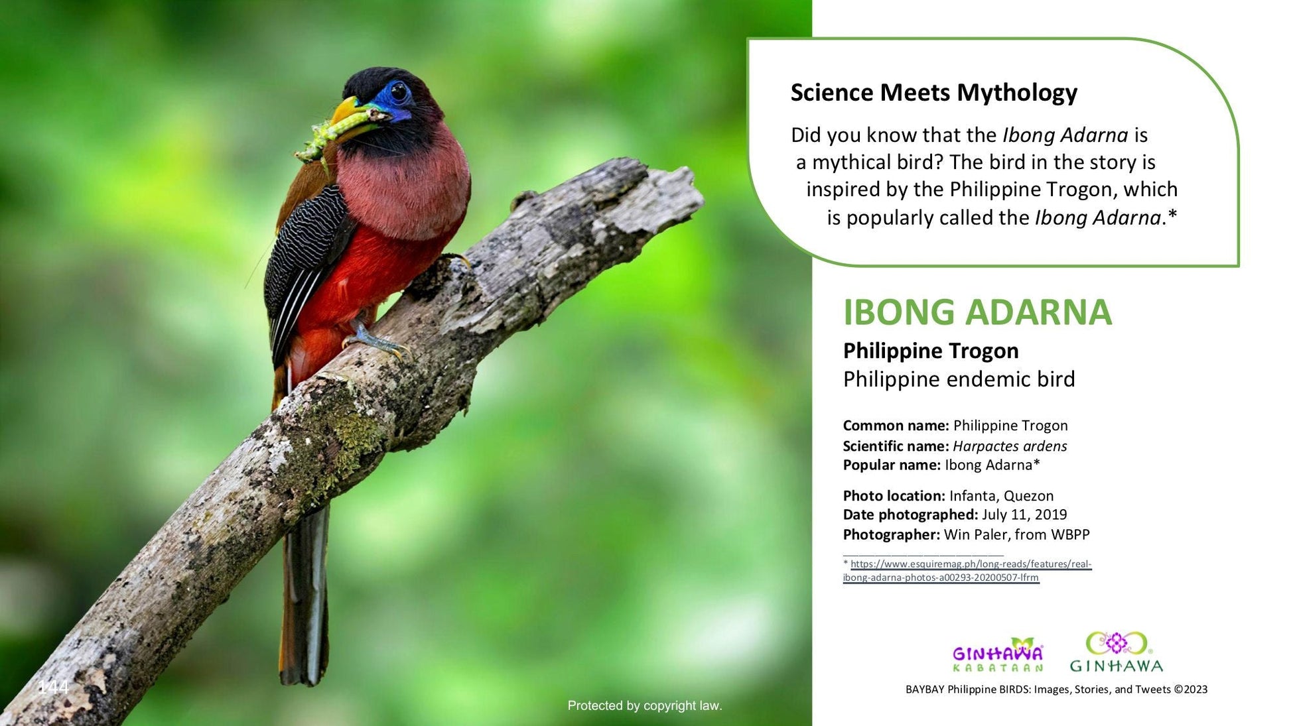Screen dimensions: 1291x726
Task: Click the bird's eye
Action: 399,92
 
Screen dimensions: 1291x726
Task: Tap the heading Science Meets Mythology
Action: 933,92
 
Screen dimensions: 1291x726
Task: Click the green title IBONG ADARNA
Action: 977,312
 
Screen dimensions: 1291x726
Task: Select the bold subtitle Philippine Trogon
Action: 931,351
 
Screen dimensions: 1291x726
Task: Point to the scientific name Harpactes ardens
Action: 1010,446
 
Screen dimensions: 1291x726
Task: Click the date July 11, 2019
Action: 1024,515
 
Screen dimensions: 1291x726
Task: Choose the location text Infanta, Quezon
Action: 1001,496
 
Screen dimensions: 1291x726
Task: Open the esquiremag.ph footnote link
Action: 967,571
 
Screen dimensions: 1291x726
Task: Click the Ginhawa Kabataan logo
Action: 998,654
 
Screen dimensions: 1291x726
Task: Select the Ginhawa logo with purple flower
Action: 1117,652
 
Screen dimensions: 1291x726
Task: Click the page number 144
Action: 53,687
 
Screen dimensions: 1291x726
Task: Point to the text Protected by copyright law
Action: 645,706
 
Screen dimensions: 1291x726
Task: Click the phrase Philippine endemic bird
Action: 959,379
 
